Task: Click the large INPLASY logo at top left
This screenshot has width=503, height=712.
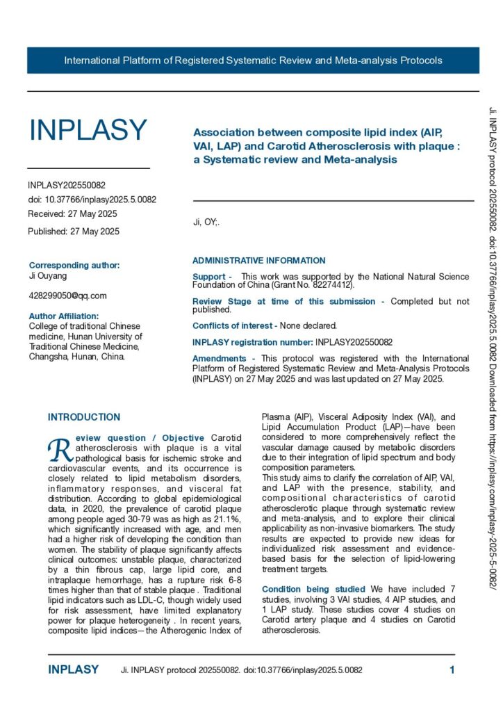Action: [x=88, y=130]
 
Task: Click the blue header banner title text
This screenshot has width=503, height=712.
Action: [x=253, y=60]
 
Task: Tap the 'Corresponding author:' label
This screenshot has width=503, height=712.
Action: [x=74, y=265]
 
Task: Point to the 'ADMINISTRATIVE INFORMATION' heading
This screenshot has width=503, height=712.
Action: [x=258, y=261]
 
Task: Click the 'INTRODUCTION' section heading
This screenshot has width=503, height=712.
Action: [x=84, y=417]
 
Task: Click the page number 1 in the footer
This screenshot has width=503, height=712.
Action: [x=452, y=670]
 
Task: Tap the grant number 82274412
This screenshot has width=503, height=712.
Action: [x=331, y=285]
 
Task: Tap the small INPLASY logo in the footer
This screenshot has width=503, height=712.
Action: [x=73, y=670]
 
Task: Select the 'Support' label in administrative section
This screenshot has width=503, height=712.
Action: [x=208, y=277]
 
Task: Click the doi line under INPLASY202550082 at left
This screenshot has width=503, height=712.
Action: [x=92, y=200]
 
